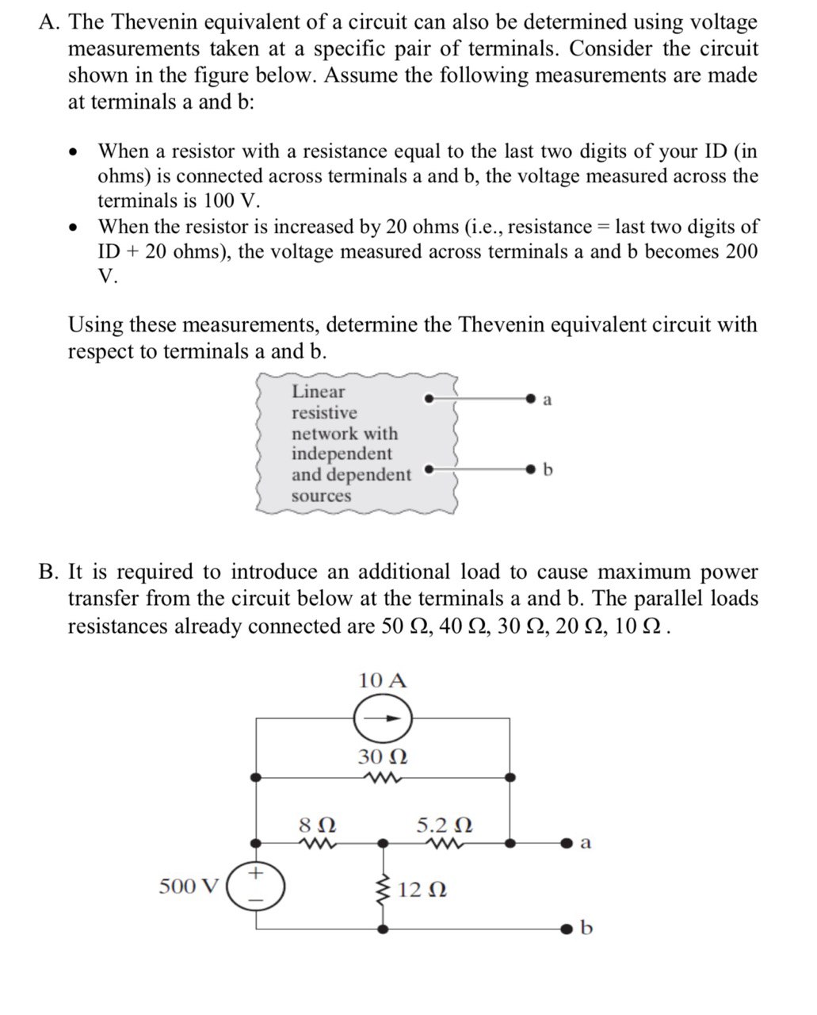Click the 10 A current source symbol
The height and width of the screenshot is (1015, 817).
point(383,718)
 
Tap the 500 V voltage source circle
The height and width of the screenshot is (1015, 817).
point(254,887)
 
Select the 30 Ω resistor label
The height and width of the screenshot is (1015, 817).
point(383,756)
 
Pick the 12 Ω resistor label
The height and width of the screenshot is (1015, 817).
point(422,890)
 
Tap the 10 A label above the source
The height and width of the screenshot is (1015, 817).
point(383,680)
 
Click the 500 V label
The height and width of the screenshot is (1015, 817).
point(189,886)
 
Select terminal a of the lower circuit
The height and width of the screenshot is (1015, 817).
point(567,843)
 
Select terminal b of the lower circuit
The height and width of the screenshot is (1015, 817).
point(567,927)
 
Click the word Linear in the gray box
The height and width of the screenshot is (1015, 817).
point(319,392)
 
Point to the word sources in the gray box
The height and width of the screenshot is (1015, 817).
point(321,496)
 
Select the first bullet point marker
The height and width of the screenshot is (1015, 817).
point(74,152)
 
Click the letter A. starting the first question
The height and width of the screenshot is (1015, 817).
point(49,22)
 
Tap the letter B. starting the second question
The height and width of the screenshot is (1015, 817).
point(49,573)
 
